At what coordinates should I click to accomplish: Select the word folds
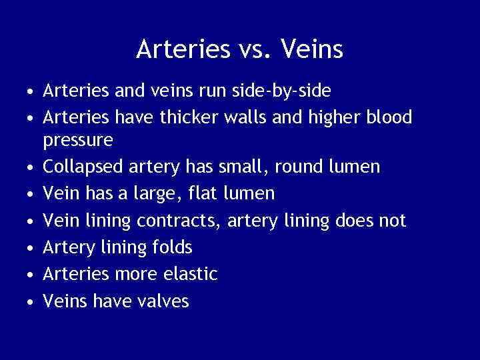click(174, 247)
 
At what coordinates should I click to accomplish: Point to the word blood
click(389, 117)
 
